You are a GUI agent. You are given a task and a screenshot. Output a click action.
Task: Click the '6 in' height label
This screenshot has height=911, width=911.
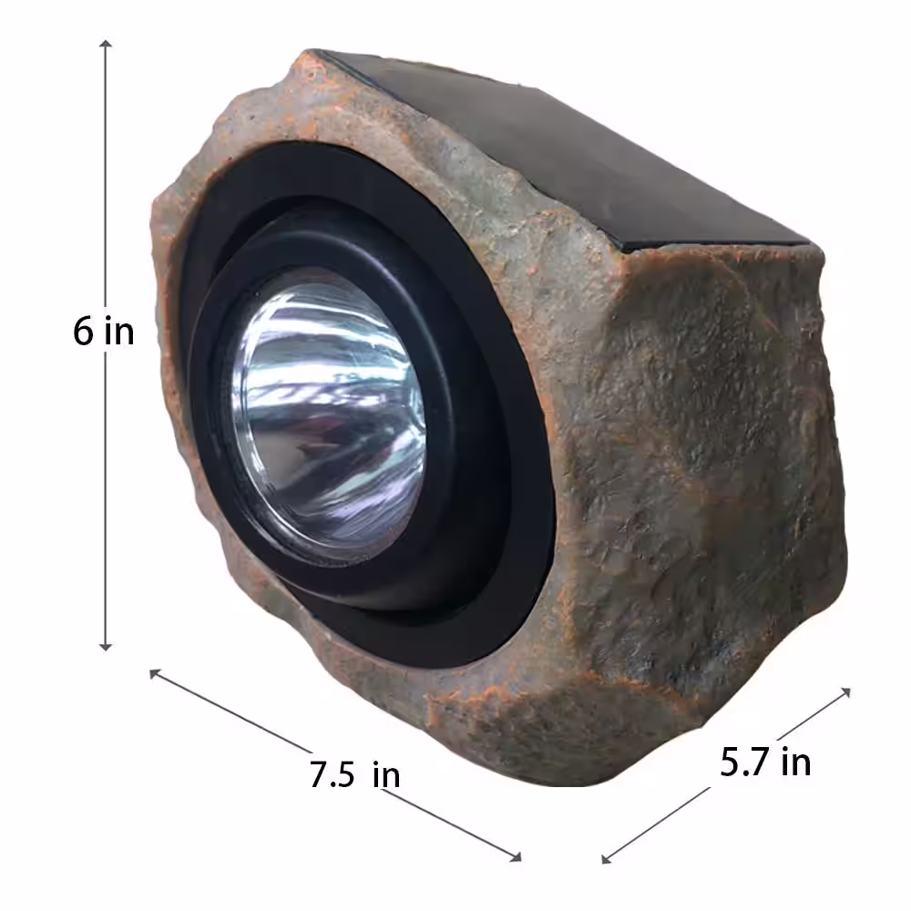point(104,332)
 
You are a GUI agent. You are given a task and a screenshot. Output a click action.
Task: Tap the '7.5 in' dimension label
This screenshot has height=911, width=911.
point(354,774)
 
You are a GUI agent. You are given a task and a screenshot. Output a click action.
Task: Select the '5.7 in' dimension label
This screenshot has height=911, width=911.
point(765,762)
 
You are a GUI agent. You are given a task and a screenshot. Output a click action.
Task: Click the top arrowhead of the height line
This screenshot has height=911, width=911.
point(105,43)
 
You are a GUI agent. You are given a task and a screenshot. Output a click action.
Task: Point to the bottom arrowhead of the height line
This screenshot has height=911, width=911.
point(105,647)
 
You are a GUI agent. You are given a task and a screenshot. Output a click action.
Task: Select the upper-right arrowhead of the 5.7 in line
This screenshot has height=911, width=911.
point(846,692)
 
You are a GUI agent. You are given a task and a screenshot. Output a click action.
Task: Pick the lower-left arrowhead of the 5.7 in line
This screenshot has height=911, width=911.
point(607,859)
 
